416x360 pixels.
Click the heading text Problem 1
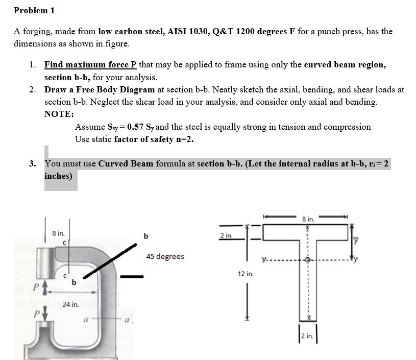[34, 10]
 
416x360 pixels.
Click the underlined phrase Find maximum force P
[90, 65]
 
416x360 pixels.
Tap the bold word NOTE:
[59, 114]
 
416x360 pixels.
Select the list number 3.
[32, 164]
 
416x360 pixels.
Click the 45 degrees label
[165, 256]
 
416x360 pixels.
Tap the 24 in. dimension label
[70, 304]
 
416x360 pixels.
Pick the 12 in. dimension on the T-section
[246, 274]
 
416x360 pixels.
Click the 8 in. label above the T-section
[308, 219]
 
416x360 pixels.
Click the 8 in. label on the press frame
[58, 233]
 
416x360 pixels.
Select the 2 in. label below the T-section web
[308, 336]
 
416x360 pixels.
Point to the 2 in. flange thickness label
[226, 235]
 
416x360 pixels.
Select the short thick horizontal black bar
[132, 277]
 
